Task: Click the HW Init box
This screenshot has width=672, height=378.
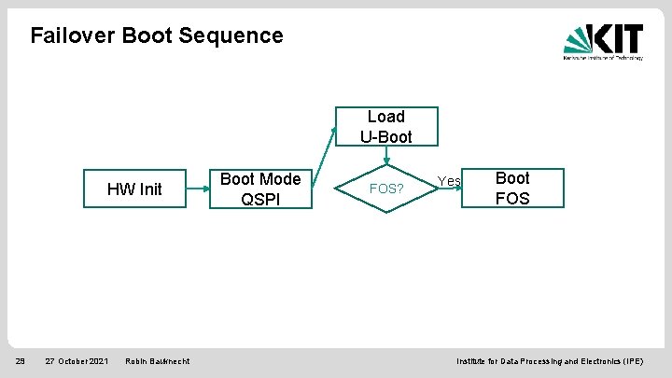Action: [134, 189]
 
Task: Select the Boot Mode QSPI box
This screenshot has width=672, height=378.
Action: [259, 189]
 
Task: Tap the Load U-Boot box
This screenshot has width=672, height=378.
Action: [385, 127]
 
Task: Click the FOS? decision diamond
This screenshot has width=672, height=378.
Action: [386, 189]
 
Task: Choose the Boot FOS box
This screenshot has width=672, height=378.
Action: [511, 188]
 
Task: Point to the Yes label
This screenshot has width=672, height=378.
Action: [449, 180]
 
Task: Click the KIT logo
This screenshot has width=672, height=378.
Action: [602, 41]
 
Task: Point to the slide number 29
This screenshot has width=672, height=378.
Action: [20, 361]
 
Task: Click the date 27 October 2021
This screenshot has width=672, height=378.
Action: [77, 361]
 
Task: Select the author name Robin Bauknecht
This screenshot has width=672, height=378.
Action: [157, 361]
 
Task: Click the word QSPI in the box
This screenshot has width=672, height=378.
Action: [260, 199]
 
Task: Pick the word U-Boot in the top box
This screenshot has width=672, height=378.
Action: [386, 137]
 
